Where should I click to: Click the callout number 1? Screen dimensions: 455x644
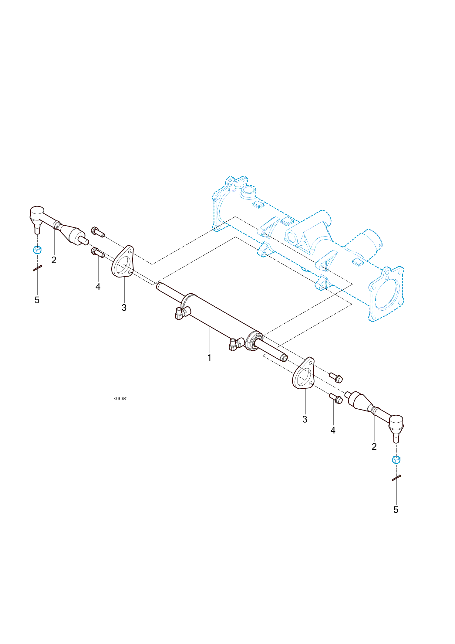tap(209, 357)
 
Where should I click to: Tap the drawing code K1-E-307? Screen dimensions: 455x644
tap(120, 398)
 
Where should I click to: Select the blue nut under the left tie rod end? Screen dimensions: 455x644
tap(37, 250)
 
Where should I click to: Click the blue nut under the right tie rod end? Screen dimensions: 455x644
tap(396, 460)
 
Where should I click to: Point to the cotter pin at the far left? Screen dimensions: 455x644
tap(37, 268)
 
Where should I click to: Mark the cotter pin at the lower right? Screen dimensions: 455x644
tap(396, 478)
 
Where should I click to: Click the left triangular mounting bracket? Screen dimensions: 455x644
tap(123, 261)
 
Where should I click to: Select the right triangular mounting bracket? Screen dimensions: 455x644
tap(303, 373)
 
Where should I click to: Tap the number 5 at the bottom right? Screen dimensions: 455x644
tap(396, 510)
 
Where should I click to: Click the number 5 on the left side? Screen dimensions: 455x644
tap(37, 300)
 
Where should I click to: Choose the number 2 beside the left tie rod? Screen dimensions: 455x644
tap(54, 260)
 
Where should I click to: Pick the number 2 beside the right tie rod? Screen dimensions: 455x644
tap(374, 446)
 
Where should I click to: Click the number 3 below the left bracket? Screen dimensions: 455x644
tap(124, 308)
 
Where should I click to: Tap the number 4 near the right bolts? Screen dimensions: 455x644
tap(333, 430)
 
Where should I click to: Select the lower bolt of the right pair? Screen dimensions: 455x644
tap(336, 398)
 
